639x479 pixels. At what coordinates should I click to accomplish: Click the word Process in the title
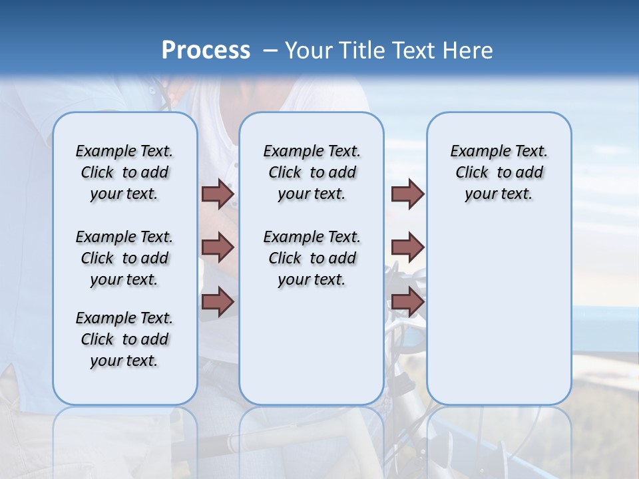[206, 50]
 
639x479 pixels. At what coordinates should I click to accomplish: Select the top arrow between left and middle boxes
[218, 194]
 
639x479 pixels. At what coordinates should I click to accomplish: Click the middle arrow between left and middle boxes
[218, 247]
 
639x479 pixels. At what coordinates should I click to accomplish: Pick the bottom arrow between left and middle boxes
[218, 301]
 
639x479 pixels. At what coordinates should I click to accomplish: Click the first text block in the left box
[124, 172]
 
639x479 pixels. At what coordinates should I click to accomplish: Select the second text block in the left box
[124, 258]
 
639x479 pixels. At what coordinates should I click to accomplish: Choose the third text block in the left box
[124, 339]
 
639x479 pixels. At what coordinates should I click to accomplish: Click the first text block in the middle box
[312, 172]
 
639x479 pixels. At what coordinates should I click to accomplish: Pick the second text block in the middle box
[312, 258]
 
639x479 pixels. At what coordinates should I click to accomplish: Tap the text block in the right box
[499, 172]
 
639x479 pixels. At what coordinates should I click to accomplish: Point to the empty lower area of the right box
[499, 313]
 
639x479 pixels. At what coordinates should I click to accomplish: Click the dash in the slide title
[270, 51]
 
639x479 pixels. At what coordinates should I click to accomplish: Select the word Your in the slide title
[309, 50]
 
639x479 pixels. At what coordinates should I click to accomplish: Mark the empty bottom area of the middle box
[312, 353]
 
